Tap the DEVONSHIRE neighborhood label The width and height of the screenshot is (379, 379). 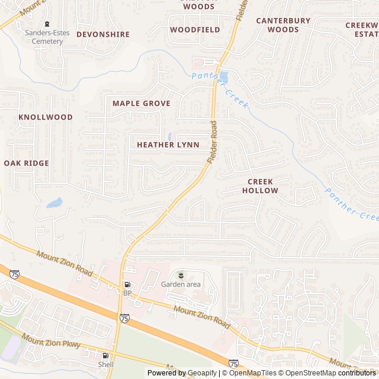tap(103, 34)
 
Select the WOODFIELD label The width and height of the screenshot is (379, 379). tap(195, 29)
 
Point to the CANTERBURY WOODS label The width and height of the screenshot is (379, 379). tap(283, 25)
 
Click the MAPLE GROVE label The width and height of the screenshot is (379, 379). tap(142, 103)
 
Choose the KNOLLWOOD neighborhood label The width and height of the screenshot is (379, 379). tap(46, 117)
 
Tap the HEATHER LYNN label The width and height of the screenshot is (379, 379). tap(168, 144)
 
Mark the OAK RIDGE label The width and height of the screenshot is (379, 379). tap(26, 163)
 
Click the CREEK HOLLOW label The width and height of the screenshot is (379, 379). tap(259, 186)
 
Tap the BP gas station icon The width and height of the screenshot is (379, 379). tap(127, 285)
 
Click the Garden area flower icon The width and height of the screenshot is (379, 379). tap(181, 275)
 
